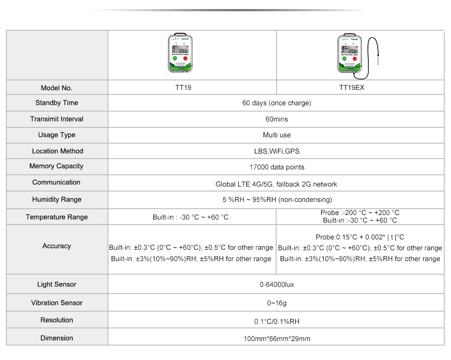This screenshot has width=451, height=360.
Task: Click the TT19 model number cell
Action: point(183,88)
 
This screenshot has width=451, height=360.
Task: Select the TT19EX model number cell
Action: point(352,88)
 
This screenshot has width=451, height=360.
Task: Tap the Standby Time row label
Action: point(56,103)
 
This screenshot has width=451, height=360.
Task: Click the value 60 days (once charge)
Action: point(277,103)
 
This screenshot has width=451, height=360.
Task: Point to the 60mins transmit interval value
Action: point(277,119)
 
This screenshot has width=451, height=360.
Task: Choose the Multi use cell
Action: point(277,135)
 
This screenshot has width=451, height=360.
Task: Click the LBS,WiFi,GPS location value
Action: point(277,151)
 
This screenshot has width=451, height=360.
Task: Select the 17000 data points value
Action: point(277,167)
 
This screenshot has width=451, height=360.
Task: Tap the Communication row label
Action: point(56,182)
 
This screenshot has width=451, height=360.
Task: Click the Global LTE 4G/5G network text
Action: point(277,184)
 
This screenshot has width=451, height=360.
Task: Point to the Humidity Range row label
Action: point(56,200)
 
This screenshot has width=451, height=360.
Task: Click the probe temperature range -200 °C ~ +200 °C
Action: point(360,213)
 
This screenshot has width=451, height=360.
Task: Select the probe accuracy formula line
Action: point(360,237)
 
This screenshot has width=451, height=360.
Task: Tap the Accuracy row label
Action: point(56,246)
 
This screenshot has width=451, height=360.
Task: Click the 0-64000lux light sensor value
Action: point(277,285)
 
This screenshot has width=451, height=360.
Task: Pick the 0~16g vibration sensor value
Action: point(277,303)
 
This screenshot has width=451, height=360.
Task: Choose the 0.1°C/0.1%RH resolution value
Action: point(277,322)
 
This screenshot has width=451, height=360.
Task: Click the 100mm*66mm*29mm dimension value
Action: point(277,339)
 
